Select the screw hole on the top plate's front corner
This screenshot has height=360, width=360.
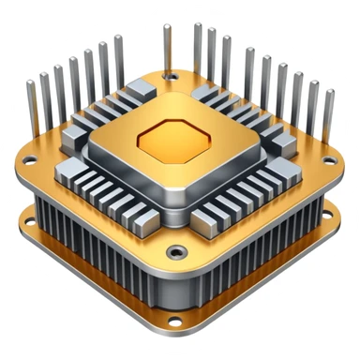(174, 251)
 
